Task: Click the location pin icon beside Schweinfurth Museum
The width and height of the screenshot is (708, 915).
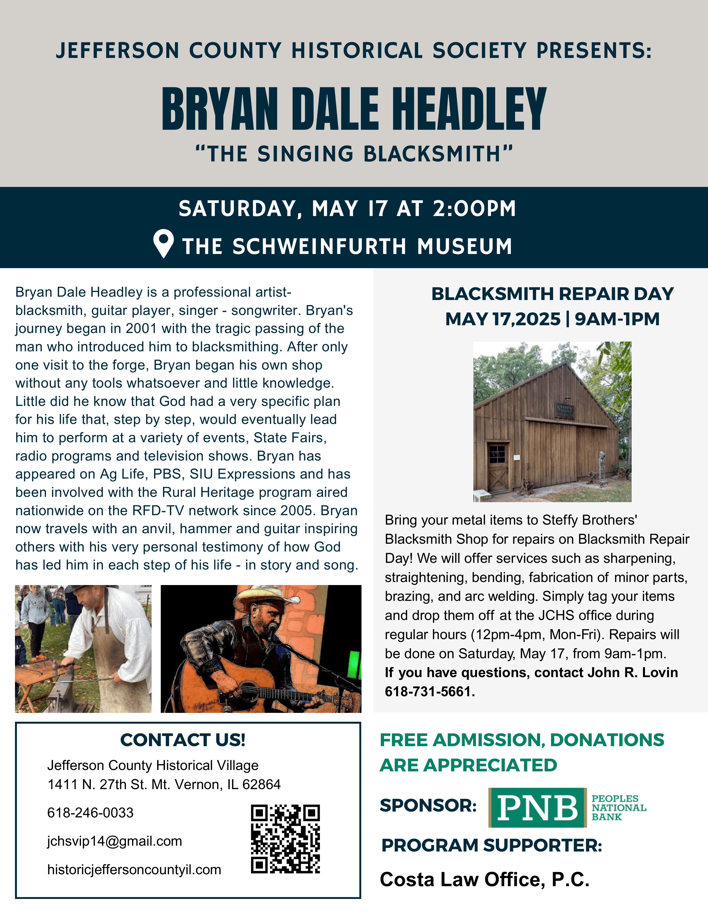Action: pos(164,243)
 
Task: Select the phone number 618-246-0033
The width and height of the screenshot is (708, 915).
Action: pos(90,813)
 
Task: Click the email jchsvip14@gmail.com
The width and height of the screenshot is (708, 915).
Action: pos(114,841)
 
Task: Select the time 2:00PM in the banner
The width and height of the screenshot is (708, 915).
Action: pos(474,209)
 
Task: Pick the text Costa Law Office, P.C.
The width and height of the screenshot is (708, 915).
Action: pos(484,880)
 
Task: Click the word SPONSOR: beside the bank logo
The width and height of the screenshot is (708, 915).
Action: pos(428,805)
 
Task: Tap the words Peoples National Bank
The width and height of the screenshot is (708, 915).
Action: pos(619,807)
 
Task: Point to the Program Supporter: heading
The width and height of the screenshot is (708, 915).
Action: pos(491,845)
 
